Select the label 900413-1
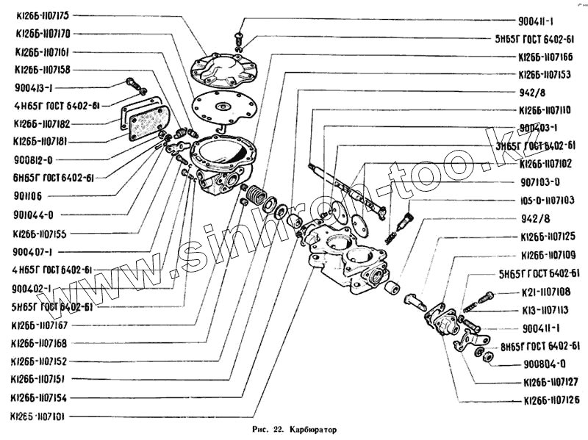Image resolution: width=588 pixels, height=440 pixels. pos(33,87)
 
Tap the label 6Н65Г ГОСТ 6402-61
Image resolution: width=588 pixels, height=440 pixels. pos(54,177)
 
